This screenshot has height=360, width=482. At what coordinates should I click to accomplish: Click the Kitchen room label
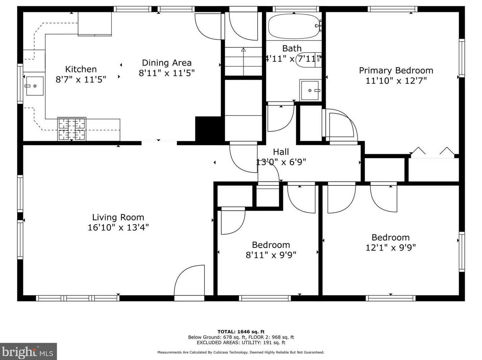coord(81,69)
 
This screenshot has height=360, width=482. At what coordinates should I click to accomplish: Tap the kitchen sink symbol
coord(34,86)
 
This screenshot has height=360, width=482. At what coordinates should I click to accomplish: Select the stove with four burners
coord(72,129)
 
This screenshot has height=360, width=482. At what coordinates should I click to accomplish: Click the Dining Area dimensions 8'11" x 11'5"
coord(167,73)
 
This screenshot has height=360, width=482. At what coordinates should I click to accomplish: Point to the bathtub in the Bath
coord(293,26)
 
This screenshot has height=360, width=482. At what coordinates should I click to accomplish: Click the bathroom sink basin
coord(310,90)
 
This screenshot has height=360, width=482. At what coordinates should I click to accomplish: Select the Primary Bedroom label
coord(396,71)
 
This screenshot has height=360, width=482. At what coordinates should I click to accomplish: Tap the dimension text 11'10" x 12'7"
coord(396,81)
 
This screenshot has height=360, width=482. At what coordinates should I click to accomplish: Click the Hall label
coord(281,152)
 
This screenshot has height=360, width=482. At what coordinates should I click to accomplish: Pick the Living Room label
coord(118,217)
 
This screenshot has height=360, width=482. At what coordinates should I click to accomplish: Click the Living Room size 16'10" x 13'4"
coord(118,228)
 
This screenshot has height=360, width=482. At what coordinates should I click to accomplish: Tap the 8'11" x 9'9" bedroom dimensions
coord(271,255)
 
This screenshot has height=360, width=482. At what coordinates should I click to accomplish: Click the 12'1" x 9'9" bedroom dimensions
coord(390,248)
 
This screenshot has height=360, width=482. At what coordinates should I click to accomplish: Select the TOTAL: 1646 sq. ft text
coord(241,332)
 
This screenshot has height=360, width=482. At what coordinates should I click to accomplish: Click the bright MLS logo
coord(28,352)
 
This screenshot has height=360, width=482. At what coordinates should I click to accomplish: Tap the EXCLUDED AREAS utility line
coord(241,342)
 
